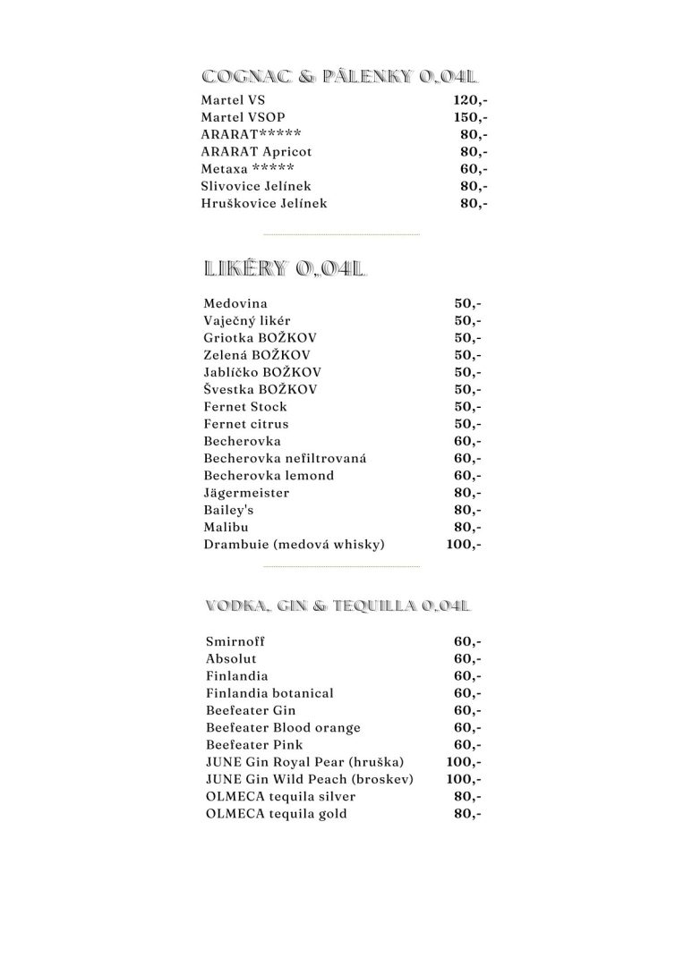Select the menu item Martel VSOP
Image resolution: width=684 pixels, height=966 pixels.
click(244, 117)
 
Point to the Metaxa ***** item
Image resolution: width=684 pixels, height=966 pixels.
click(247, 169)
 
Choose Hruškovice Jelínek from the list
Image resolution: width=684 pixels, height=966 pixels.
click(264, 203)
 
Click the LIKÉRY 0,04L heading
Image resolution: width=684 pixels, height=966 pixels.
click(286, 267)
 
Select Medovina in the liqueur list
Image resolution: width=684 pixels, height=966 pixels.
click(235, 304)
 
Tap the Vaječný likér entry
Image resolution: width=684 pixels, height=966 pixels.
click(247, 321)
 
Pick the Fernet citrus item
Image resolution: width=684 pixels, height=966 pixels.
click(246, 424)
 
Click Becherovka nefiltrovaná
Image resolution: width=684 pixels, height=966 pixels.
click(272, 459)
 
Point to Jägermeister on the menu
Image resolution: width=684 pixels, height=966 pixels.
click(246, 493)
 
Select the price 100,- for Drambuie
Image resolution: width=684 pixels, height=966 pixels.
click(464, 545)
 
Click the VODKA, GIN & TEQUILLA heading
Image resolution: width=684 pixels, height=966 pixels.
click(338, 606)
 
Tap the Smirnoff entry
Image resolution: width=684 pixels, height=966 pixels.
click(235, 641)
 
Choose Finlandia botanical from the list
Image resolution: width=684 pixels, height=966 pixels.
click(269, 693)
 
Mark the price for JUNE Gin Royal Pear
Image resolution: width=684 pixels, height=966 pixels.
click(464, 762)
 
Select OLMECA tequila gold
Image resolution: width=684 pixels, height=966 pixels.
click(276, 814)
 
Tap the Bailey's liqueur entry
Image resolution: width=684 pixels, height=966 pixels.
click(230, 510)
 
